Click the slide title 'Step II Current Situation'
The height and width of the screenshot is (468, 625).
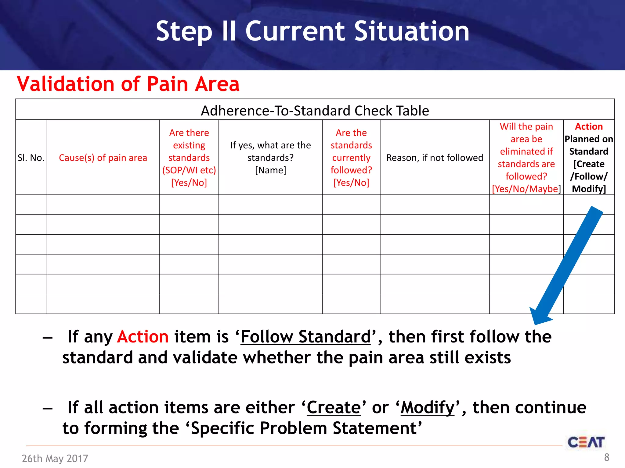(x=312, y=31)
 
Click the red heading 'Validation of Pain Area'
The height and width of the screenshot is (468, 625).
(x=128, y=84)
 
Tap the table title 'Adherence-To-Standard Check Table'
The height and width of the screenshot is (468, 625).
(x=315, y=111)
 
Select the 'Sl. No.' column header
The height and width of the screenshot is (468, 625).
(x=31, y=158)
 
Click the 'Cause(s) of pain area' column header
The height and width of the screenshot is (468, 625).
(x=103, y=158)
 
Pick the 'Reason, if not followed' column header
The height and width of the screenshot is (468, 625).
(x=435, y=158)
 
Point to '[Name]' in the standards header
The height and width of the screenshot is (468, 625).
(x=270, y=170)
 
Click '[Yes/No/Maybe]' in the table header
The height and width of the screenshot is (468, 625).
(x=526, y=189)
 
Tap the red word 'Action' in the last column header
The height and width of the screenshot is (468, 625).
(x=589, y=126)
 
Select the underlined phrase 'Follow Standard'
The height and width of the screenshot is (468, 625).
(x=305, y=337)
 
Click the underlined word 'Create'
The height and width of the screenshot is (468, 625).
(x=334, y=407)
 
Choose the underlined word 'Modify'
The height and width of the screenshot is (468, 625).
(x=428, y=407)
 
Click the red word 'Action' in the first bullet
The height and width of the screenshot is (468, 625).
(x=143, y=337)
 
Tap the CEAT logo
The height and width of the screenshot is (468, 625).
(x=586, y=442)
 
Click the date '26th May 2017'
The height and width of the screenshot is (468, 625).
(x=55, y=458)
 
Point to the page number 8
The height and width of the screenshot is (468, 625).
(x=606, y=457)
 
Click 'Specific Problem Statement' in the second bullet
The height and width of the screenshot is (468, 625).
(x=304, y=428)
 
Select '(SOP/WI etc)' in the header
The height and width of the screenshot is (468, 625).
(x=189, y=170)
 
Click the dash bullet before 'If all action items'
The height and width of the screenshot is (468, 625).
(x=48, y=408)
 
